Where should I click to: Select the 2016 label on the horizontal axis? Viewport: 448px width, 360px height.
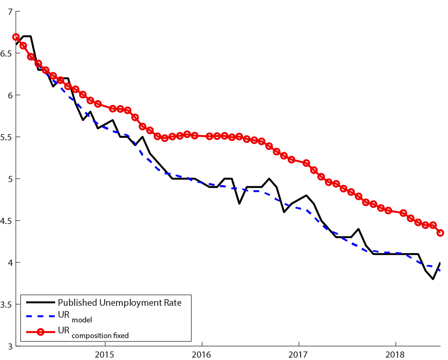coord(202,355)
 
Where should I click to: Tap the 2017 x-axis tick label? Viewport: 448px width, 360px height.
coord(299,355)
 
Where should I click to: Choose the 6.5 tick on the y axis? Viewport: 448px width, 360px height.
coord(7,53)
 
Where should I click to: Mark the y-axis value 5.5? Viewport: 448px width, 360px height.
coord(7,137)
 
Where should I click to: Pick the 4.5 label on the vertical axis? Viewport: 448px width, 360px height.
coord(7,221)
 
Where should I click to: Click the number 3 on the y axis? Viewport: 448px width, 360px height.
coord(10,346)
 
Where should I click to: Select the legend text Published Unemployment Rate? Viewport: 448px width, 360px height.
coord(119,302)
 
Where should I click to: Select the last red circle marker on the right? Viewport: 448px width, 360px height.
coord(440,233)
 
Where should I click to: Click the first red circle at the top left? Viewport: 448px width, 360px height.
coord(16,37)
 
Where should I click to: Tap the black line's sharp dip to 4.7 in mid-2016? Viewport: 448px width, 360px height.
coord(239,204)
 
